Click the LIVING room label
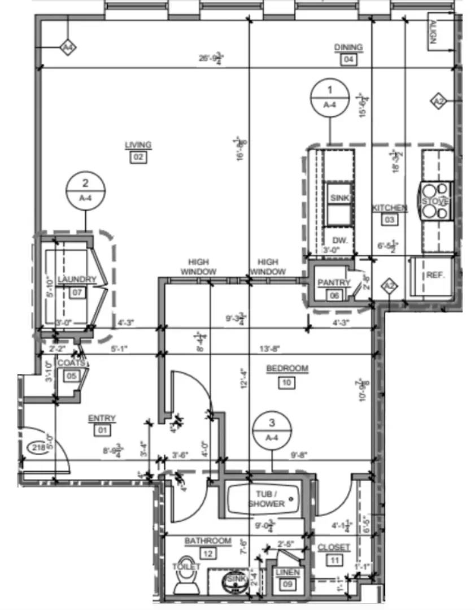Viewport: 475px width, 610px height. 138,146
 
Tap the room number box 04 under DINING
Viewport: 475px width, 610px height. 348,59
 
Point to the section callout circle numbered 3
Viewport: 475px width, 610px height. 272,429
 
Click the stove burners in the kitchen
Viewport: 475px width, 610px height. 434,201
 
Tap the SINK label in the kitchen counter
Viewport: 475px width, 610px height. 339,198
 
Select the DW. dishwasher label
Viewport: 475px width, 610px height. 339,240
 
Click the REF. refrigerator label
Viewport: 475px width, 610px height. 435,276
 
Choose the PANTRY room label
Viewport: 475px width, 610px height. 334,282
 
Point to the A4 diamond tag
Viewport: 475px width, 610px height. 68,48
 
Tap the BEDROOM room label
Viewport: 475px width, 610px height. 287,369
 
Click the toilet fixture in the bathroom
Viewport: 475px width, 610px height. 186,582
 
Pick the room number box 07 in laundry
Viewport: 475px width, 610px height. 77,292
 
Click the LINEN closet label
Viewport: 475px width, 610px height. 287,573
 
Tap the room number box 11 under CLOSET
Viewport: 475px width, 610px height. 334,560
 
